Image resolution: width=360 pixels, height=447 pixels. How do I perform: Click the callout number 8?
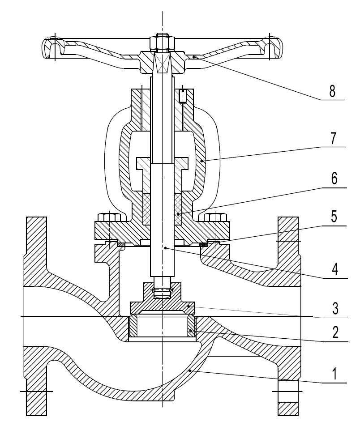click(x=332, y=90)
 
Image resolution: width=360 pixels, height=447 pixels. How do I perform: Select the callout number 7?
click(x=332, y=139)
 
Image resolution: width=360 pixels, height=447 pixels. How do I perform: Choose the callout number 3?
click(x=332, y=309)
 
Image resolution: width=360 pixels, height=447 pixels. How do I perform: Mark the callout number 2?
click(x=332, y=334)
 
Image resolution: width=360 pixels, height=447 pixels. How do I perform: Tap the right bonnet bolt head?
click(x=215, y=217)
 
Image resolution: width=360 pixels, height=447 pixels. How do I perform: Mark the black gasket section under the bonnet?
click(x=203, y=244)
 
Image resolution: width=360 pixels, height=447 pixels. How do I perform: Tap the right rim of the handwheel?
click(x=274, y=48)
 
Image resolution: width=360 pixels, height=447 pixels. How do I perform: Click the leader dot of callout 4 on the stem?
click(x=166, y=247)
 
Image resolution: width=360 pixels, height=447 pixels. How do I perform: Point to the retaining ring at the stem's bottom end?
click(x=162, y=291)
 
